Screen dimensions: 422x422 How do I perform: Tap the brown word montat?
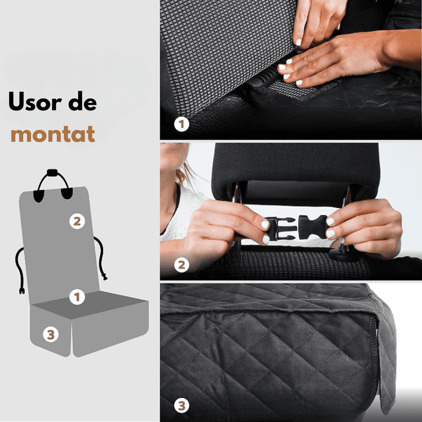pos(53,134)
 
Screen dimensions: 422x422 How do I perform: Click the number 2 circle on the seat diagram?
pos(77,221)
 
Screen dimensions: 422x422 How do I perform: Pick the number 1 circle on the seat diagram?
pos(77,297)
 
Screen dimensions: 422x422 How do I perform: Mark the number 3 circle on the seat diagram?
pos(51,335)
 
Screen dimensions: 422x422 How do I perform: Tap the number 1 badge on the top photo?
pos(181,124)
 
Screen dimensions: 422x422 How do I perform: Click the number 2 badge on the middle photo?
pos(181,265)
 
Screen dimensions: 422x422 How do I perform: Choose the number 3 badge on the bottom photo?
pos(181,406)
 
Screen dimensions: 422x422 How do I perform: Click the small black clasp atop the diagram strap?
pos(51,173)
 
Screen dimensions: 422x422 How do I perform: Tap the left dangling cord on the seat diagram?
pos(19,269)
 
